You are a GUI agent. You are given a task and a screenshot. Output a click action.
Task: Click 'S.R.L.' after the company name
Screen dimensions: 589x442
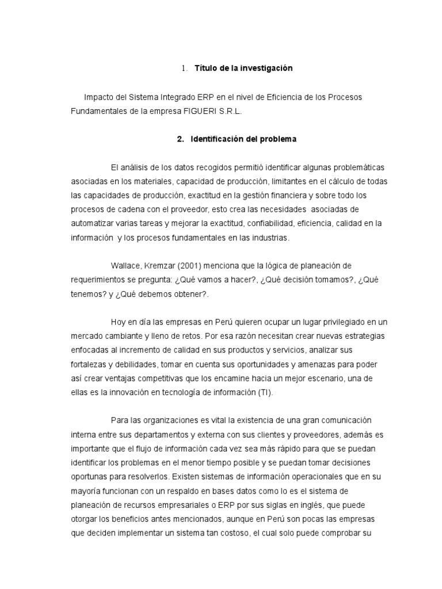coord(230,112)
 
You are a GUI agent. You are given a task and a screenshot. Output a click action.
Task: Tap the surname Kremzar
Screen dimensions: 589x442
coord(159,265)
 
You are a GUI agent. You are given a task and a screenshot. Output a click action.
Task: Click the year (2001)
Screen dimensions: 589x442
coord(189,265)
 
